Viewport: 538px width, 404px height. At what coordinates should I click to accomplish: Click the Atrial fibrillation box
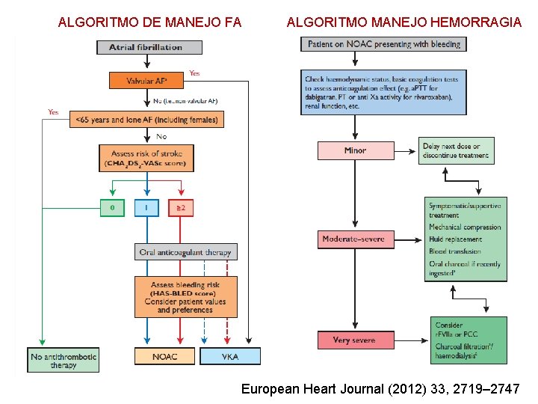(149, 47)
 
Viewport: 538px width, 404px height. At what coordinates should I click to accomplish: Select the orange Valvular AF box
(146, 79)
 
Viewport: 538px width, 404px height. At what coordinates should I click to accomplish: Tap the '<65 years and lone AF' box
(146, 119)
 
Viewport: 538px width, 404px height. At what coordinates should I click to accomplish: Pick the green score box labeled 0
(112, 207)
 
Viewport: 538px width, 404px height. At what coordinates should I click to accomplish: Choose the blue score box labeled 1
(146, 207)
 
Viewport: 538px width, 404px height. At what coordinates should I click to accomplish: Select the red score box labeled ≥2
(181, 207)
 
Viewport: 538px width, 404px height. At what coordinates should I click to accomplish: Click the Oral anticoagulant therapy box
(185, 252)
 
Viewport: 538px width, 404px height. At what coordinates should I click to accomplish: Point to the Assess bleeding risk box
(185, 296)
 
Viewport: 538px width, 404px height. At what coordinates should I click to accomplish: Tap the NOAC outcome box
(164, 356)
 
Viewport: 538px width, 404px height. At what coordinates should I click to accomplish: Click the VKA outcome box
(230, 356)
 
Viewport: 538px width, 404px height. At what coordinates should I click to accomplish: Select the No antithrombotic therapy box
(64, 361)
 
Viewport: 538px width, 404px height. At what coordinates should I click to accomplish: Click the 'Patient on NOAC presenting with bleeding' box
(383, 43)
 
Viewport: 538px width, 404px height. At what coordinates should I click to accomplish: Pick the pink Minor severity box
(355, 150)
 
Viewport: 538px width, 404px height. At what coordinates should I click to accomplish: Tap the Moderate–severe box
(355, 239)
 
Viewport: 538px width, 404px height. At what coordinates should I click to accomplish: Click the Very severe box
(355, 340)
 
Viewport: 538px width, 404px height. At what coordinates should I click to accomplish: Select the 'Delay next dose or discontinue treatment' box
(457, 151)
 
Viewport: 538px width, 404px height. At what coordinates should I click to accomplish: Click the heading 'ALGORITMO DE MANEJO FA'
(149, 22)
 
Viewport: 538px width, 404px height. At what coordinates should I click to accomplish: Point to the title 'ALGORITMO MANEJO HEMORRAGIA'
(404, 22)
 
